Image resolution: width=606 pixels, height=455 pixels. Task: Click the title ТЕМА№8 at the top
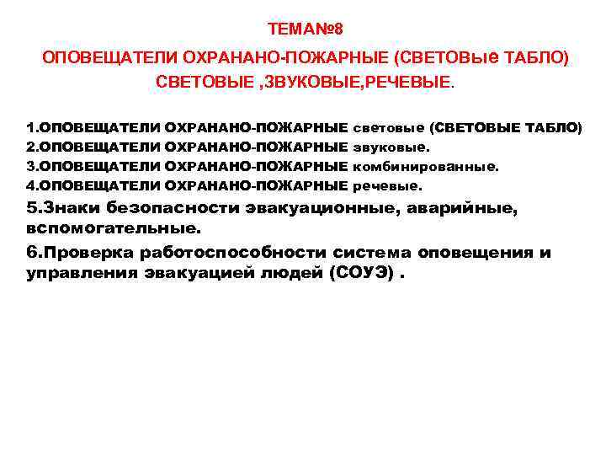coord(305,29)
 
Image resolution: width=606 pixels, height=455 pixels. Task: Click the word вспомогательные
coord(114,227)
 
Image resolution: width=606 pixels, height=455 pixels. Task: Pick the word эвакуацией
coord(196,274)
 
